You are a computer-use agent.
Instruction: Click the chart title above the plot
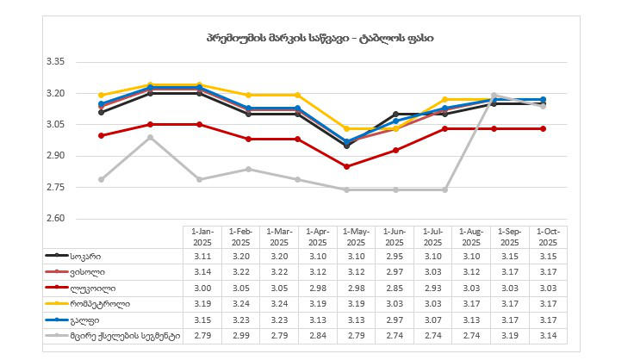[x=319, y=38]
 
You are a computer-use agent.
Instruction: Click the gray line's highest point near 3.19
[x=494, y=96]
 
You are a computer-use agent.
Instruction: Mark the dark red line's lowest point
[x=347, y=166]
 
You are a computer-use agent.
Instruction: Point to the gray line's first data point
[x=102, y=179]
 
